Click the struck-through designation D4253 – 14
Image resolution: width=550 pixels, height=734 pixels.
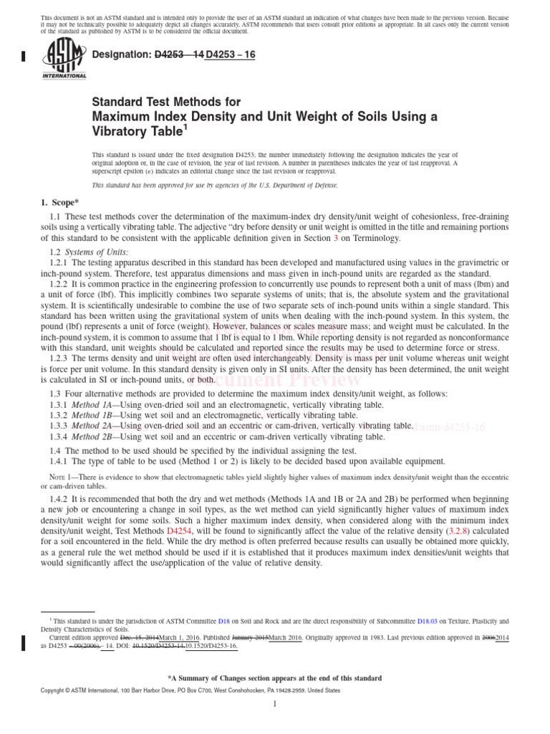(x=179, y=54)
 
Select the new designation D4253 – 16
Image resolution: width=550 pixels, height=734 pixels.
(x=231, y=54)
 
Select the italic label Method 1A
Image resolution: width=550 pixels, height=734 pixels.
(x=97, y=405)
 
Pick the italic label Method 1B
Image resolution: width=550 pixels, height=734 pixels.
(x=97, y=415)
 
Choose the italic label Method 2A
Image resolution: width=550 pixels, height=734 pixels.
(x=97, y=426)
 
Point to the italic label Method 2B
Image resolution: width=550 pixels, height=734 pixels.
(x=97, y=436)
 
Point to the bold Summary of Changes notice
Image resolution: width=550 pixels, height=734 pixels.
(x=275, y=677)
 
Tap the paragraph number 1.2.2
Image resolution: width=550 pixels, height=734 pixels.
(x=61, y=284)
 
